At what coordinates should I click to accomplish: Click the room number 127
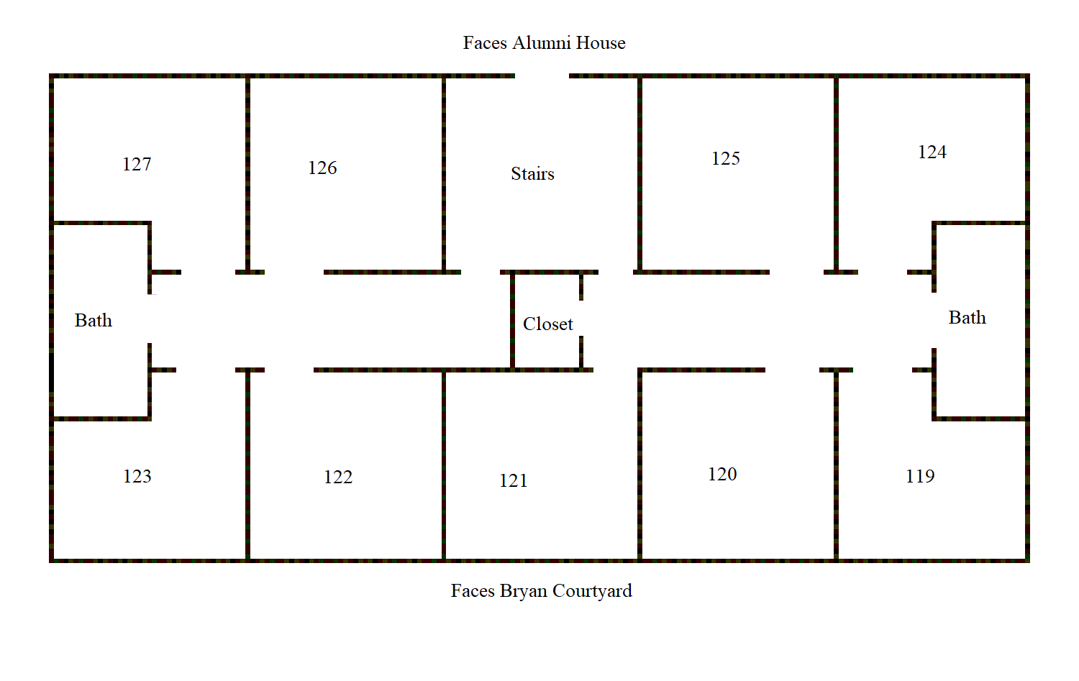[x=137, y=164]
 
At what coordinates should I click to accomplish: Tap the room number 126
[x=322, y=168]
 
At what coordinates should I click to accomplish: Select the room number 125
[x=725, y=158]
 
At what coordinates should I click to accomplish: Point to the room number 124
[x=932, y=152]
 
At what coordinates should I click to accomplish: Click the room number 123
[x=137, y=476]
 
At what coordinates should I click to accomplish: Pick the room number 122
[x=337, y=477]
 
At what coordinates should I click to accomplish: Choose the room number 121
[x=513, y=480]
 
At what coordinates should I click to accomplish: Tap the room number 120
[x=722, y=475]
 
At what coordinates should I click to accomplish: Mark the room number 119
[x=920, y=476]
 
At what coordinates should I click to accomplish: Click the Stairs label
[x=532, y=174]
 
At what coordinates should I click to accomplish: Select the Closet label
[x=547, y=324]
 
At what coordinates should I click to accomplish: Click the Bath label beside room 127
[x=93, y=320]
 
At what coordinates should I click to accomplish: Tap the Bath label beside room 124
[x=968, y=318]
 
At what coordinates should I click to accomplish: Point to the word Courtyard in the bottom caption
[x=592, y=591]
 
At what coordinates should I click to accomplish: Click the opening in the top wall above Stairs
[x=542, y=76]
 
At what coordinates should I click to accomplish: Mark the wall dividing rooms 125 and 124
[x=836, y=174]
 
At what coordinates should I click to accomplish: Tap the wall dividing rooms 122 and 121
[x=443, y=465]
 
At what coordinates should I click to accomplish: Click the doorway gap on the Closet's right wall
[x=581, y=318]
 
